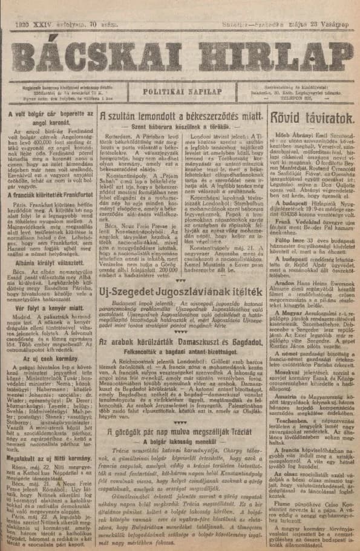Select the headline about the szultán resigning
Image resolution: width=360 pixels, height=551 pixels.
click(x=181, y=115)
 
